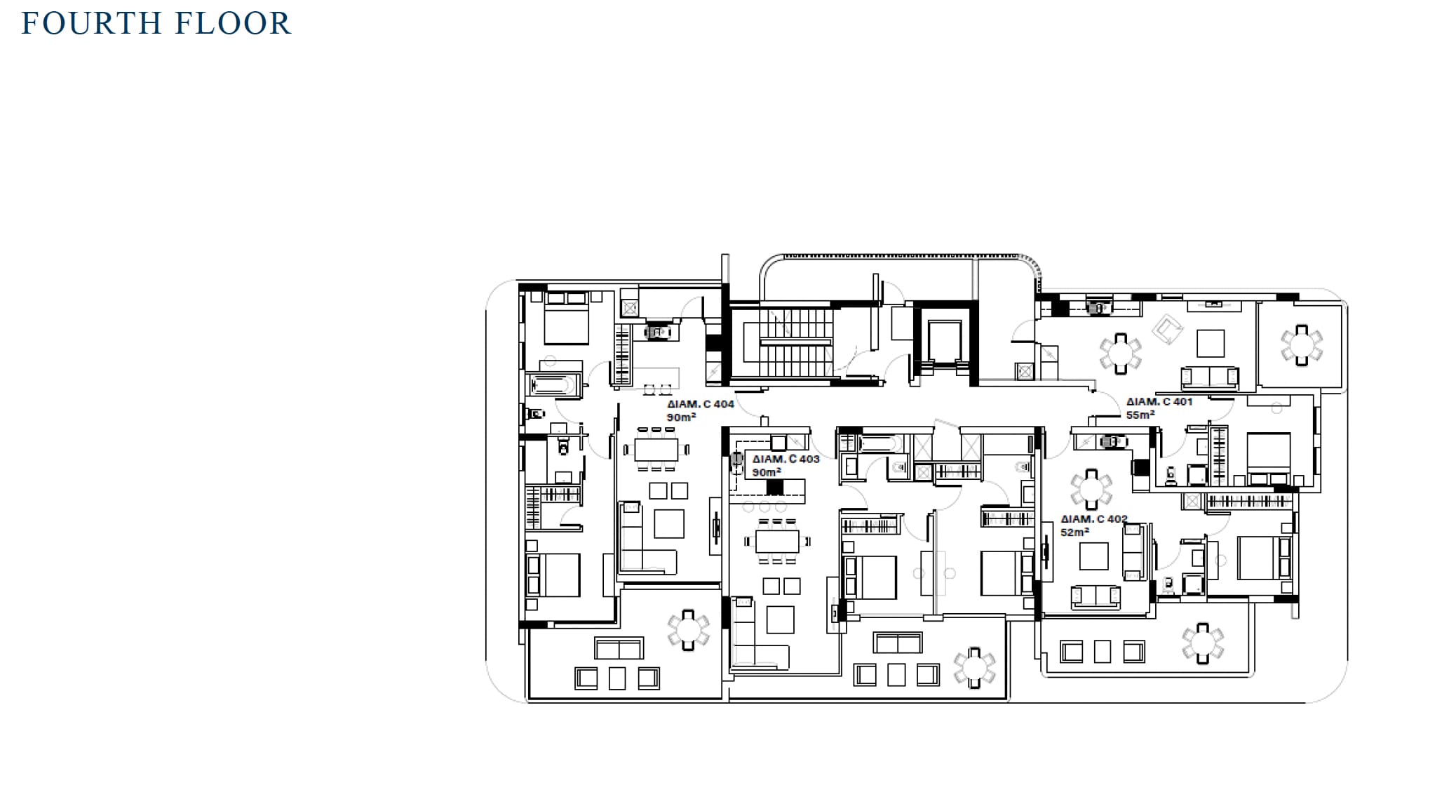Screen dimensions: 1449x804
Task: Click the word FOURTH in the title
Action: tap(92, 23)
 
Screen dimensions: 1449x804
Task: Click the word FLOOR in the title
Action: tap(233, 23)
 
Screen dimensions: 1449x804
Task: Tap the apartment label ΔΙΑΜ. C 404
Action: tap(701, 404)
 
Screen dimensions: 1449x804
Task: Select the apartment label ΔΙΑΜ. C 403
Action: tap(786, 459)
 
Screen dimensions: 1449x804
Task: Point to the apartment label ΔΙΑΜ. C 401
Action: tap(1159, 401)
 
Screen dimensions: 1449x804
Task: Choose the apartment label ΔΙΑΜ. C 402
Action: tap(1094, 519)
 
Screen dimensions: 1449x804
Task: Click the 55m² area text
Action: tap(1140, 415)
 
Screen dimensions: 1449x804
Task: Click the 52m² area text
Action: tap(1075, 532)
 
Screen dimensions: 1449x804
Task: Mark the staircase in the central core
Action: tap(795, 343)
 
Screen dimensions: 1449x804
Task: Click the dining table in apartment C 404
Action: tap(656, 449)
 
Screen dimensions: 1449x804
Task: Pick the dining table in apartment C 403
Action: tap(777, 541)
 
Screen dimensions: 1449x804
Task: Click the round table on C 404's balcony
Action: tap(688, 629)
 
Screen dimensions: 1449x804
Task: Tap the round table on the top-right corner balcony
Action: tap(1302, 344)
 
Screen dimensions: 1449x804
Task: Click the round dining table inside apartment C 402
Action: tap(1091, 489)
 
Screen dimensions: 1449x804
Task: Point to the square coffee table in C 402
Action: tap(1093, 556)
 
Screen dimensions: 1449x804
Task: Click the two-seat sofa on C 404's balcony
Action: tap(619, 648)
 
